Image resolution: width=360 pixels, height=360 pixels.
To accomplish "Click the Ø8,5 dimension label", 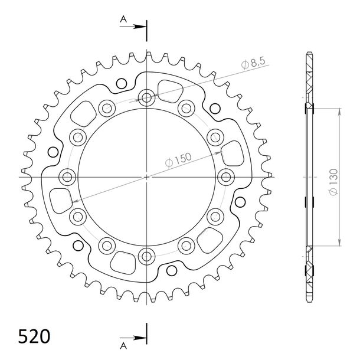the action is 253,63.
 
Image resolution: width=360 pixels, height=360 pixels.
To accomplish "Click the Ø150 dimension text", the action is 178,160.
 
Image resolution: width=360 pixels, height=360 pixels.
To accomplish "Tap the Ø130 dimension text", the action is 334,182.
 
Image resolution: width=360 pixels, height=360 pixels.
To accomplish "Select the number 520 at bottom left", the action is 34,336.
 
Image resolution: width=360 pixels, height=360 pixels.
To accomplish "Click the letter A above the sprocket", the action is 123,19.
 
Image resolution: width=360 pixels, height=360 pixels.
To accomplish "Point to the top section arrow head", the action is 140,27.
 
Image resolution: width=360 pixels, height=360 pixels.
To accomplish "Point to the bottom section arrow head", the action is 140,338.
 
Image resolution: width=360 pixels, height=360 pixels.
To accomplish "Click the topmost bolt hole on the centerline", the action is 146,98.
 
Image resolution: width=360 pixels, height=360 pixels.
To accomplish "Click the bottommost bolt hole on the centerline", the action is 146,257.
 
